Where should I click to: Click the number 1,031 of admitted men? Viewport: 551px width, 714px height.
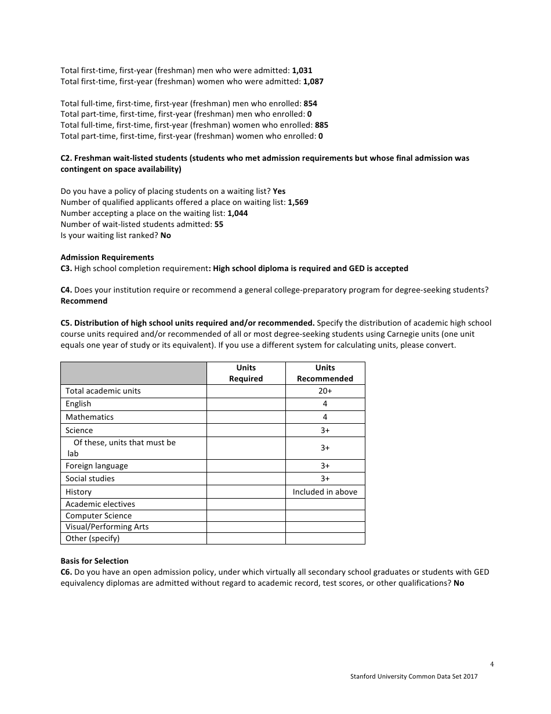click(302, 70)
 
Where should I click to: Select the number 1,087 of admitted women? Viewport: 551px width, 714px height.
click(313, 81)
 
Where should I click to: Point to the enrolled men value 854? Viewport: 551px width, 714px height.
click(310, 103)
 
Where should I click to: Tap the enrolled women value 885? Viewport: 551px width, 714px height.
click(321, 125)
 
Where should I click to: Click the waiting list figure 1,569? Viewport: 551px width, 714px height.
click(298, 203)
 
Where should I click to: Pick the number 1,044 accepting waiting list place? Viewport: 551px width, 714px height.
click(238, 214)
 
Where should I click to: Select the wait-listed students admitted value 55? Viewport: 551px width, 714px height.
click(219, 225)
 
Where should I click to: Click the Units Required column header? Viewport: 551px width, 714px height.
click(246, 373)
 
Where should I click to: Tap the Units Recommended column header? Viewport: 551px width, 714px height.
click(325, 373)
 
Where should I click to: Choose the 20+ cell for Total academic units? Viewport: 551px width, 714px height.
click(325, 391)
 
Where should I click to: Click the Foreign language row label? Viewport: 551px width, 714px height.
click(96, 466)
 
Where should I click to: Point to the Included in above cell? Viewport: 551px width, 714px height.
click(325, 492)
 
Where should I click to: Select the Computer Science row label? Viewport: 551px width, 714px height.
click(98, 515)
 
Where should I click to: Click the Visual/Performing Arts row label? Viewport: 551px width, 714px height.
click(107, 527)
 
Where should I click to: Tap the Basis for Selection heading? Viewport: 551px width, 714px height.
click(95, 561)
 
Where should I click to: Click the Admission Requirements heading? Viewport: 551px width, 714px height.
click(107, 257)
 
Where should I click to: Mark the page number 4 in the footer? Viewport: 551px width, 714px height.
click(492, 665)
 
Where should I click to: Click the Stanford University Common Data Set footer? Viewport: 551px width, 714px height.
click(414, 676)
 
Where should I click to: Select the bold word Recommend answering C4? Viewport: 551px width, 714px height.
click(84, 301)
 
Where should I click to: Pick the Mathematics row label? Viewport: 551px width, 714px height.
click(89, 417)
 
